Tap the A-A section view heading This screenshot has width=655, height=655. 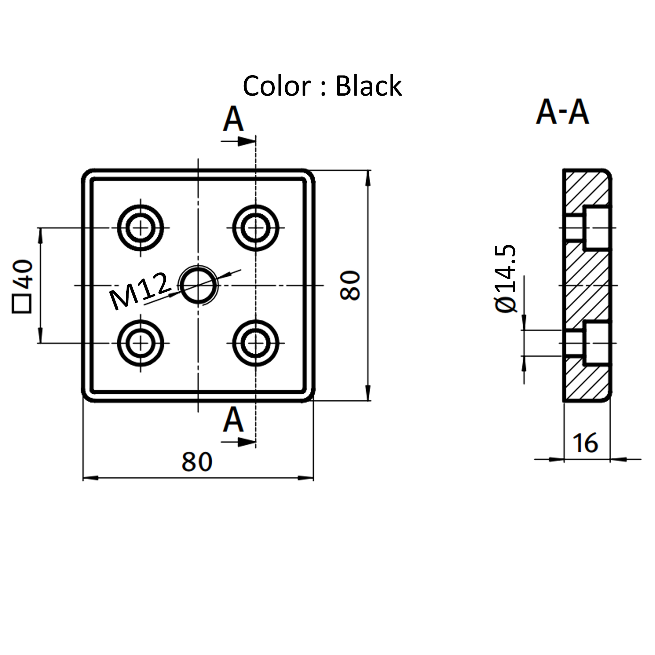point(563,112)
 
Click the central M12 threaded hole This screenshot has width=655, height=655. point(198,286)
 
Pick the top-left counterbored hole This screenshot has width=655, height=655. point(140,228)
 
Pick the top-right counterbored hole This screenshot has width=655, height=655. point(256,228)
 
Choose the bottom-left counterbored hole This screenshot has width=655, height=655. point(140,343)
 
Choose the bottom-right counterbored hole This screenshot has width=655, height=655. point(256,343)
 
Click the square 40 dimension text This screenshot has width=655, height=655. point(23,287)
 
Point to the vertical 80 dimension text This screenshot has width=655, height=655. point(350,286)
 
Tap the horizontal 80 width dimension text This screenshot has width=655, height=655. point(197,462)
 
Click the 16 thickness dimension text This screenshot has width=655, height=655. point(586,443)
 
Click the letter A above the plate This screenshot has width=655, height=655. point(233,119)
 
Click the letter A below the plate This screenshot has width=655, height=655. point(233,420)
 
